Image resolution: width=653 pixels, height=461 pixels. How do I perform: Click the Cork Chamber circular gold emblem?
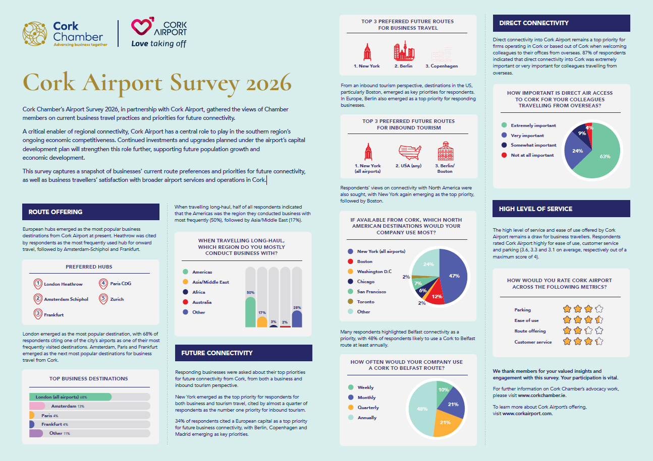(35, 33)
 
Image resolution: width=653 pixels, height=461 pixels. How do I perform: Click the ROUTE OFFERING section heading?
(56, 212)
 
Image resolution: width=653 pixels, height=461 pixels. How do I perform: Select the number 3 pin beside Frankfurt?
(38, 314)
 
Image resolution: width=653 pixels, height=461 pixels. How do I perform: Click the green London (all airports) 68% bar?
(70, 397)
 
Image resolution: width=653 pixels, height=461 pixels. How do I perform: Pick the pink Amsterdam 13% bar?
(37, 406)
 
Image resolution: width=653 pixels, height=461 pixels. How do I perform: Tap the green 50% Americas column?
(250, 312)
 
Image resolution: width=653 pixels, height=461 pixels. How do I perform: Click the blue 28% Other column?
(297, 319)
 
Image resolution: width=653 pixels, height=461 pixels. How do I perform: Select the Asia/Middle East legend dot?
(185, 282)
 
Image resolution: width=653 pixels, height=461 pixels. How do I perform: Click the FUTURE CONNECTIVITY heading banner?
(243, 353)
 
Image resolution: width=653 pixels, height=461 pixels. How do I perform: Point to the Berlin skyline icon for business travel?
(404, 51)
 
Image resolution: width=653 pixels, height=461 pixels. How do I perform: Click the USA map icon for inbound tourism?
(410, 152)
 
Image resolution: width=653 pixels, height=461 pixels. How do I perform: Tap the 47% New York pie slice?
(453, 277)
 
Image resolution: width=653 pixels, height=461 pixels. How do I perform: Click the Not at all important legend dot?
(504, 155)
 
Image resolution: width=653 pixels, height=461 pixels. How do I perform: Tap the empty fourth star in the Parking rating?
(599, 309)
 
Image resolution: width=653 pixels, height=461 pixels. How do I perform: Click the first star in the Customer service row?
(567, 341)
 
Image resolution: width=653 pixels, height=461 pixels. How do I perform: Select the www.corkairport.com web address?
(527, 413)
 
